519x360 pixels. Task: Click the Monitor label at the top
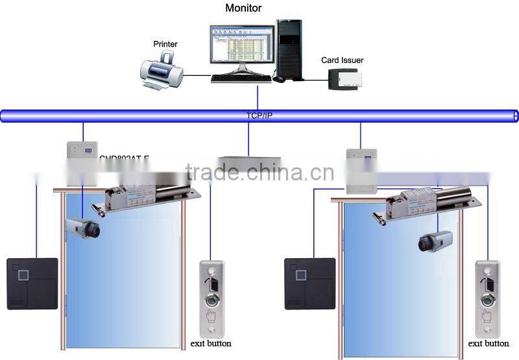point(243,8)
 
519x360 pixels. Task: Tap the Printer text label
point(165,44)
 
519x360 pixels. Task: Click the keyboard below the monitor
point(241,78)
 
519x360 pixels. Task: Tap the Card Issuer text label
point(343,60)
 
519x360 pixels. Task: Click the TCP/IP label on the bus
point(260,115)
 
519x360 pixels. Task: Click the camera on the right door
point(434,241)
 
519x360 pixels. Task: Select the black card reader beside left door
point(32,283)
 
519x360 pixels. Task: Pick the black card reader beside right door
point(309,283)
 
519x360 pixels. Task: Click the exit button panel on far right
point(488,298)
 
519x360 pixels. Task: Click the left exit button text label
point(211,343)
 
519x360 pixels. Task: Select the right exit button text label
point(488,344)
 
